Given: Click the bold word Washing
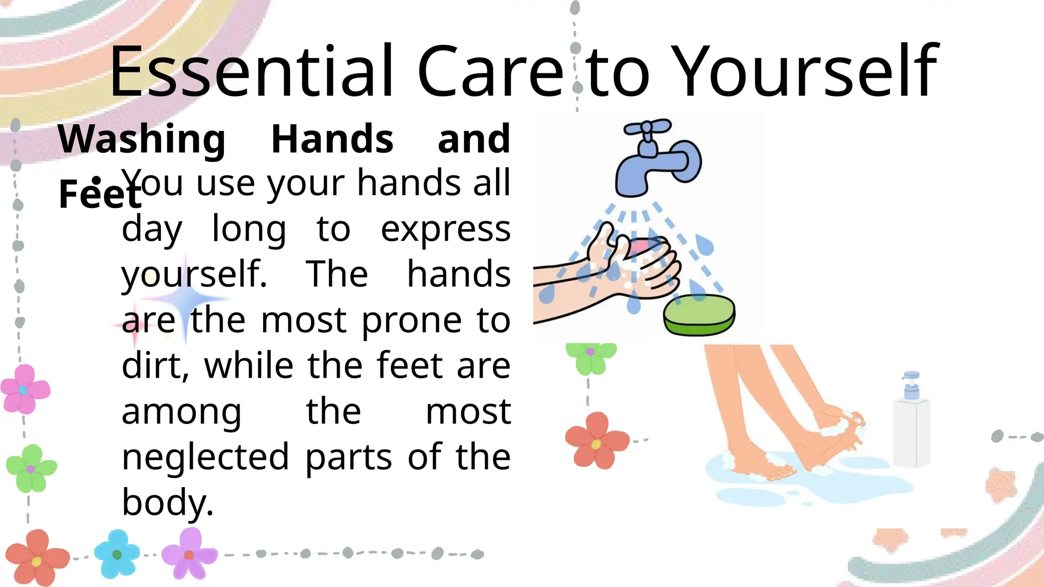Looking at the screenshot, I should pos(142,139).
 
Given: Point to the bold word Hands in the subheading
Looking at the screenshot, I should pos(332,139).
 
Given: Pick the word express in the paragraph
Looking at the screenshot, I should pos(446,229).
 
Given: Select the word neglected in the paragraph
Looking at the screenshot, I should pos(205,457).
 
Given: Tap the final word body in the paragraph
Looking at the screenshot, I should pos(167,502).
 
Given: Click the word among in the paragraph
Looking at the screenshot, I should pos(181,411).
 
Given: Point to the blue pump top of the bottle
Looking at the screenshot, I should pos(911,385).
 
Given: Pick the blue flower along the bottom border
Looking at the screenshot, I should pos(117,554).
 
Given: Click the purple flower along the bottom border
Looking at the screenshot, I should pos(189,554).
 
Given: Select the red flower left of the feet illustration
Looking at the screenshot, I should pos(596,441).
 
